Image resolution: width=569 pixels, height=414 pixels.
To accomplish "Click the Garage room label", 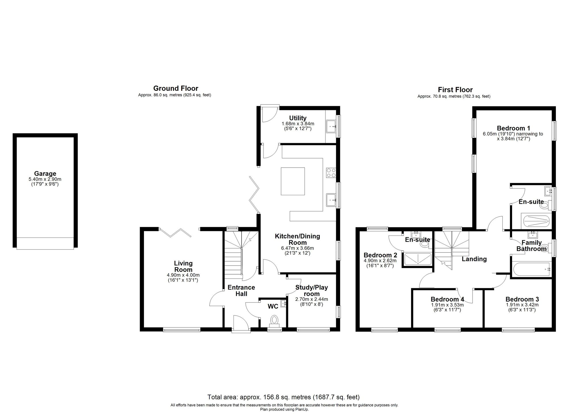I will (45, 174).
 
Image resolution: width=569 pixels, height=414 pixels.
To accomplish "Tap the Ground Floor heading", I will (176, 88).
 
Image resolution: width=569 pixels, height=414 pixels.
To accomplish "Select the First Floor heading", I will (455, 90).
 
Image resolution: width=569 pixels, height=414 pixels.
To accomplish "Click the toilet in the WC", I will (274, 320).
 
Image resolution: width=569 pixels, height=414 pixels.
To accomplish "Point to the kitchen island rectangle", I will (293, 181).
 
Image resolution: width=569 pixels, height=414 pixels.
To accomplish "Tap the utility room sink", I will (331, 126).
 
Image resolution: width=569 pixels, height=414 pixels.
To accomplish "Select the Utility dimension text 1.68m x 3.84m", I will (298, 124).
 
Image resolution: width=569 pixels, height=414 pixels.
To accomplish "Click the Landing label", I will (474, 259).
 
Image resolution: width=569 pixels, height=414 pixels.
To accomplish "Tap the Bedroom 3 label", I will (522, 299).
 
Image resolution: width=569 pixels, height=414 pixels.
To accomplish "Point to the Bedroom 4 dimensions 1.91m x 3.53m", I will (447, 305).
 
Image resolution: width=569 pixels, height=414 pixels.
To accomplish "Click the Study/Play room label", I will (312, 290).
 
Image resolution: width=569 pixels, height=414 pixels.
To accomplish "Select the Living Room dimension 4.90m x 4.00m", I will (183, 275).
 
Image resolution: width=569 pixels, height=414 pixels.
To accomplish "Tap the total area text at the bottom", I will (283, 397).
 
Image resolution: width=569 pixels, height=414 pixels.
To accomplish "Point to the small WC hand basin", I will (283, 304).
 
